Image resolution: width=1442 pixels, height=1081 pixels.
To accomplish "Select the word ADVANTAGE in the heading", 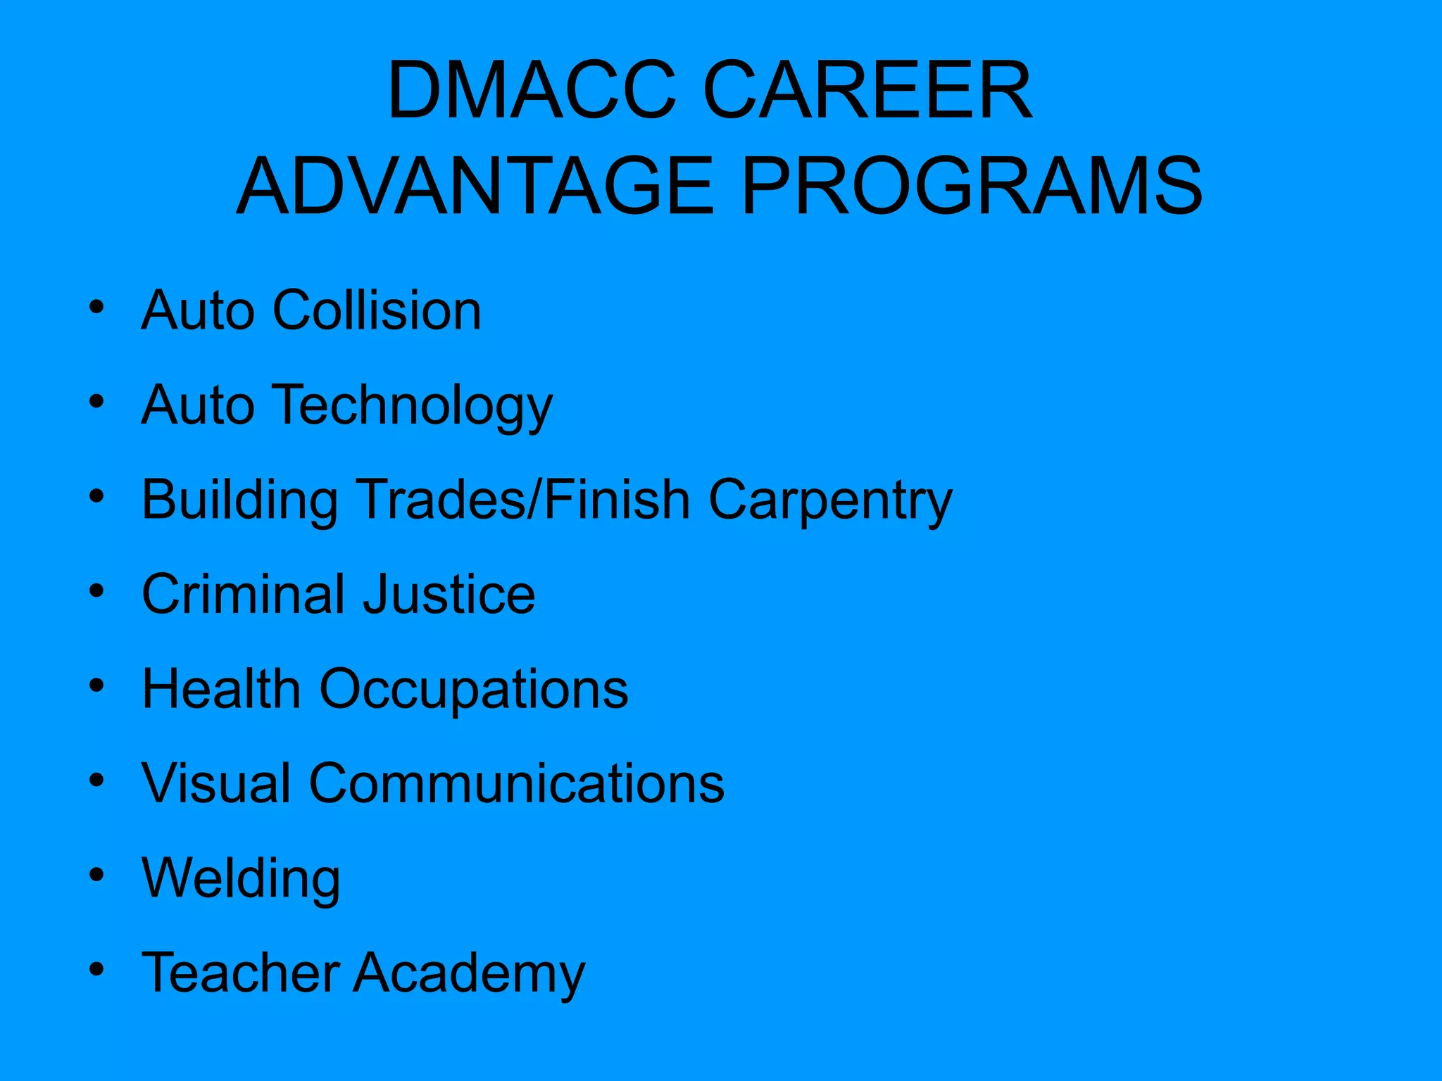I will point(475,187).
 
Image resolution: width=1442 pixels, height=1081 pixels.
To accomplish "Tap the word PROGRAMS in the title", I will point(972,187).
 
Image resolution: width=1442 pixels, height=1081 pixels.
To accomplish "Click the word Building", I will point(239,500).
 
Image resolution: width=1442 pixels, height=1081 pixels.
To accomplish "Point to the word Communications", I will point(517,783).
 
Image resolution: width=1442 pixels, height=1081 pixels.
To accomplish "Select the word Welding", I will point(241,878).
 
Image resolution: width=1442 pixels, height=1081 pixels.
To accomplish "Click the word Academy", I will point(469,974).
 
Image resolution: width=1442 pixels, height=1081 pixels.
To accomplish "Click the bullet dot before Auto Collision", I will point(97,308).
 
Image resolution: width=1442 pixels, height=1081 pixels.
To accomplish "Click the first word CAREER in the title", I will point(867,90).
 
